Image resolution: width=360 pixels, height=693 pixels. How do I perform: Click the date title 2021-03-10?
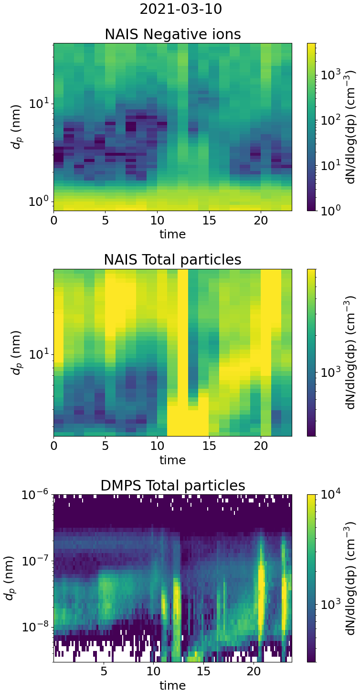click(180, 9)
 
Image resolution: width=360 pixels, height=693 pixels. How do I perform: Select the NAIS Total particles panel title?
click(172, 260)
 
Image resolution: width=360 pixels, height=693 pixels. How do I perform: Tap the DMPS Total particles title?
click(172, 486)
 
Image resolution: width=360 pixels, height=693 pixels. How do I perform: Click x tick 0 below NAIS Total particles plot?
click(53, 448)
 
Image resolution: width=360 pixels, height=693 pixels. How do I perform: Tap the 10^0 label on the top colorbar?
click(330, 210)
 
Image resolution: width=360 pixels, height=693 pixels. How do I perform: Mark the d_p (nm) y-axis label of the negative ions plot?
click(17, 127)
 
